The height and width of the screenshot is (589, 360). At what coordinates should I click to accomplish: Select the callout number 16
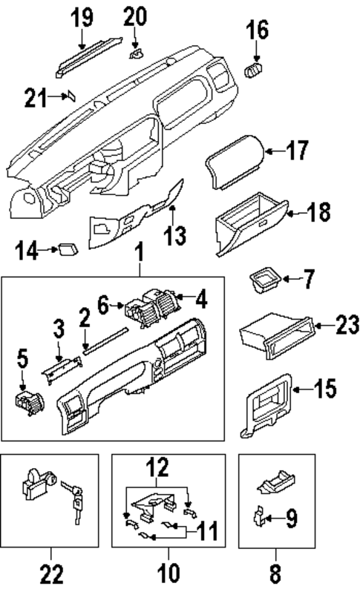click(x=257, y=30)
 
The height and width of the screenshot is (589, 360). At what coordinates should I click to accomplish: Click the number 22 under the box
click(x=50, y=573)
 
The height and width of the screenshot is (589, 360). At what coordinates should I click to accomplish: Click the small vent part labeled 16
click(x=255, y=70)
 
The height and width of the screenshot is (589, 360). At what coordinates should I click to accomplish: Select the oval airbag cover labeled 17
click(x=233, y=159)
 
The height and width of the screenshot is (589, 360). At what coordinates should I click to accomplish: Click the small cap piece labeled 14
click(x=71, y=249)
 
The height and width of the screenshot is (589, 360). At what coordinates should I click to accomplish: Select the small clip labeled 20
click(x=136, y=53)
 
